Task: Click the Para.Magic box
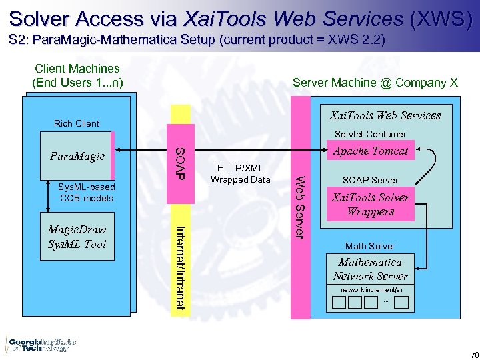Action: (x=77, y=156)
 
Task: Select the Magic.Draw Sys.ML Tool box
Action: (x=77, y=237)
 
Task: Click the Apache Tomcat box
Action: (x=370, y=151)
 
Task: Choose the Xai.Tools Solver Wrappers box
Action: (x=370, y=205)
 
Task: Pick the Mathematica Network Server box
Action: (x=370, y=269)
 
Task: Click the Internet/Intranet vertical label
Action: (x=180, y=267)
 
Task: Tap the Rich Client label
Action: (x=77, y=123)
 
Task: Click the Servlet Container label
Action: (x=370, y=134)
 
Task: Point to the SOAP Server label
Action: (x=370, y=180)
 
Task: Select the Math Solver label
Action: (x=370, y=246)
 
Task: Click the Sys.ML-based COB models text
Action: (x=86, y=193)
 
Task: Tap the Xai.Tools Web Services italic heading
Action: (x=385, y=115)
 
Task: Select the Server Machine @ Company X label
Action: (x=375, y=83)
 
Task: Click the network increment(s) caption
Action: (x=371, y=290)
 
